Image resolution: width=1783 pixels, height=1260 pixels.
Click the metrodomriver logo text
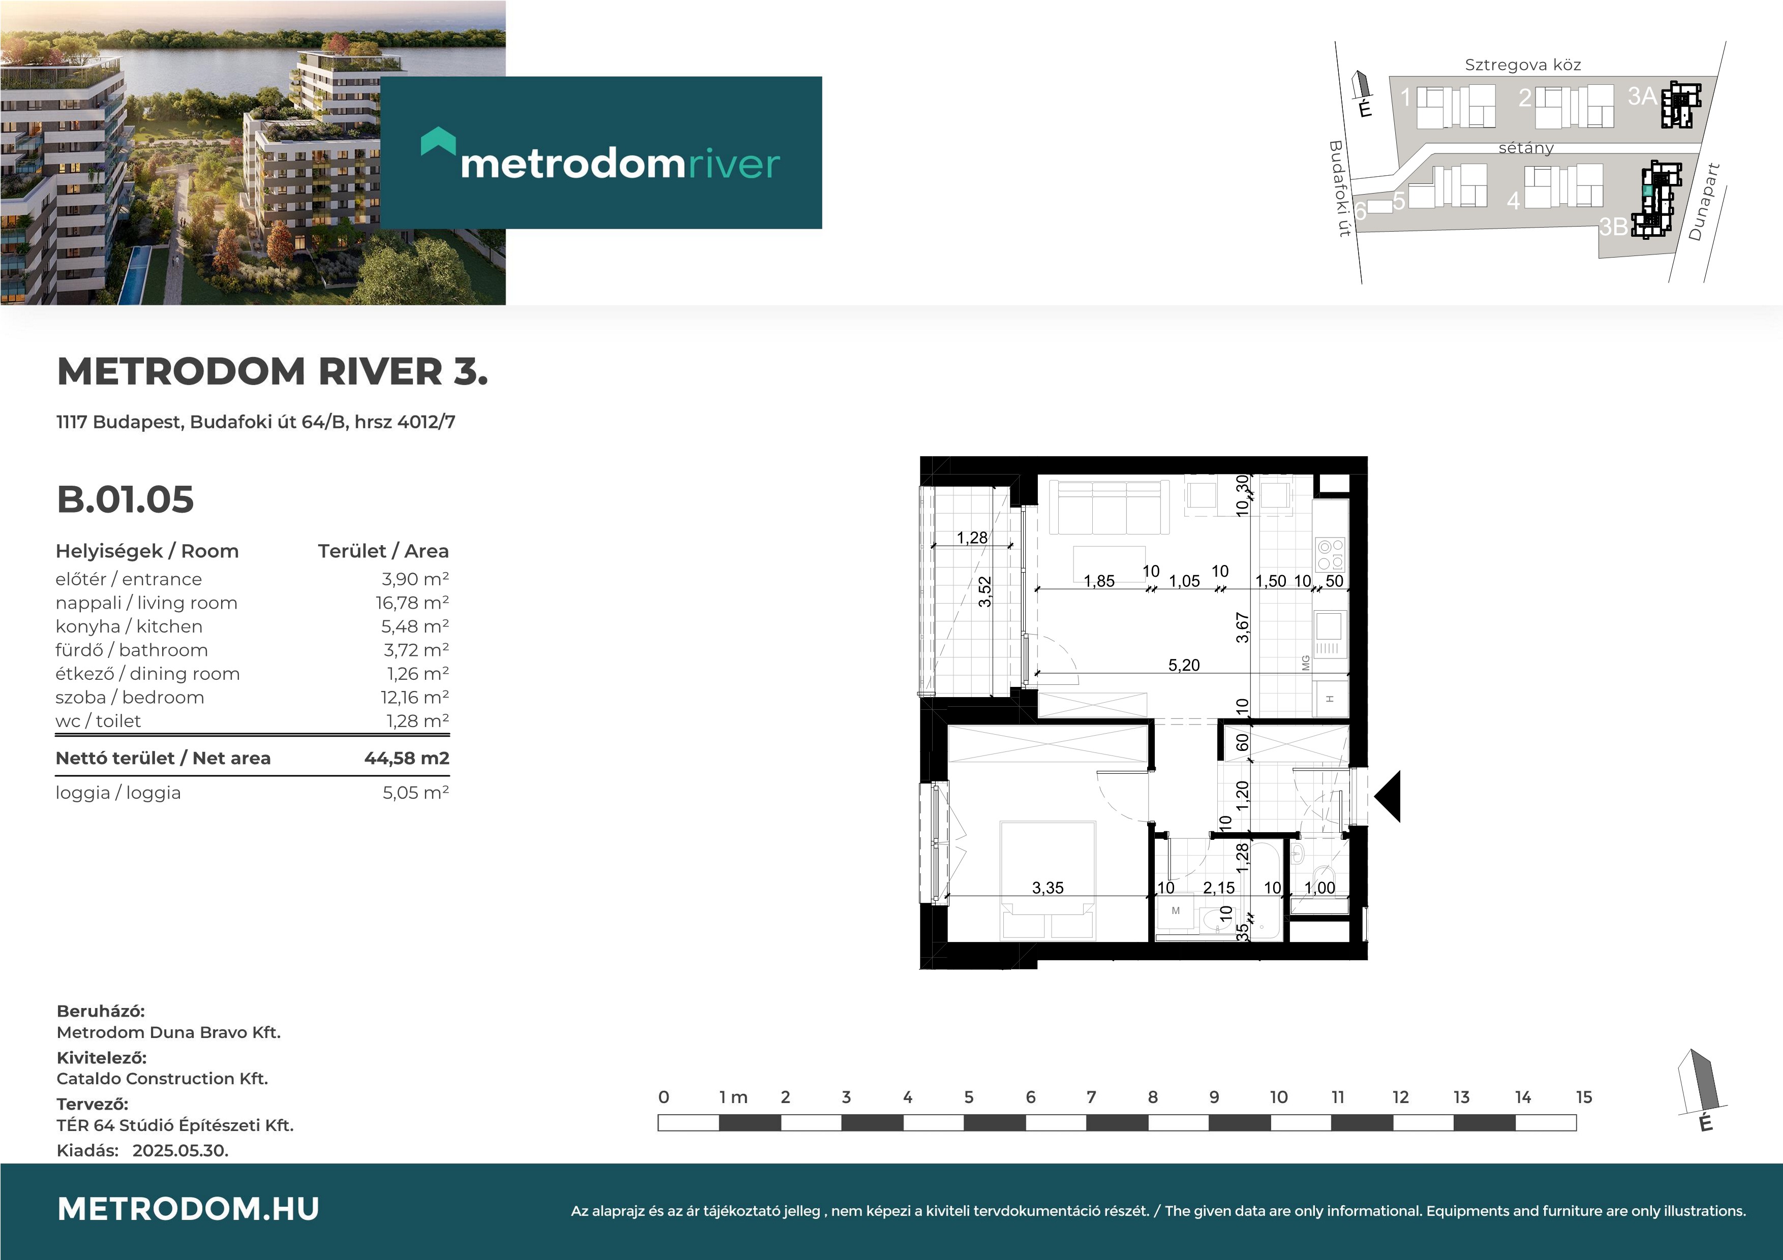pos(620,164)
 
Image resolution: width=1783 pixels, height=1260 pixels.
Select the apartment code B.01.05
pos(125,499)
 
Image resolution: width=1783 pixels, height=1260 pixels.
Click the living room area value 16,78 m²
pos(412,603)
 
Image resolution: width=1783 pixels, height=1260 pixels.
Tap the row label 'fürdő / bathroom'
pos(132,650)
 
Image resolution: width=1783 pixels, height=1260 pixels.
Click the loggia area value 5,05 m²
pos(415,793)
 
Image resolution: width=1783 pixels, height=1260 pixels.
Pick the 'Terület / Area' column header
pos(383,551)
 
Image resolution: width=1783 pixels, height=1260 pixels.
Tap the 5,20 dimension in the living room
pos(1183,666)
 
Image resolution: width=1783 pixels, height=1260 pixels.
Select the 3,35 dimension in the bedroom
pos(1048,888)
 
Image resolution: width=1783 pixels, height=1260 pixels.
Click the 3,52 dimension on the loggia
pos(985,591)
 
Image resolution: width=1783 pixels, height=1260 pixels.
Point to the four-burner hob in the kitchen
pos(1330,554)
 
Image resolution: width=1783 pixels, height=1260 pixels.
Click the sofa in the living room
pos(1109,507)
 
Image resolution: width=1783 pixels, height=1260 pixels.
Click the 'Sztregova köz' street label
pos(1523,65)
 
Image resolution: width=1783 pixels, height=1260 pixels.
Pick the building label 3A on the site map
pos(1642,96)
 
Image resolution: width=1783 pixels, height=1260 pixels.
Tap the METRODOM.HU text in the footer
pos(188,1209)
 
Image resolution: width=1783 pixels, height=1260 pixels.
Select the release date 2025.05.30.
pos(180,1151)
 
